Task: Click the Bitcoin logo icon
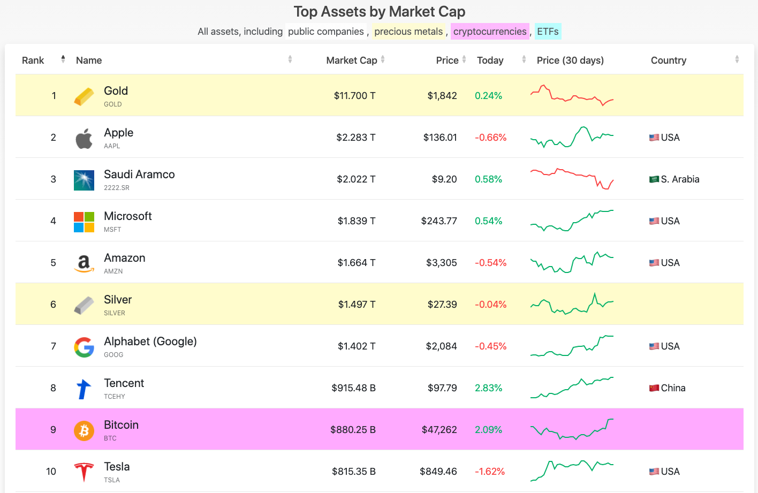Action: pos(84,430)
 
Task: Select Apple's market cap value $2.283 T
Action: pos(355,138)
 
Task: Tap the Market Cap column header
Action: pos(351,60)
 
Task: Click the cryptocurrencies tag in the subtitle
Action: pos(490,32)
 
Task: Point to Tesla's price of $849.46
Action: pos(438,472)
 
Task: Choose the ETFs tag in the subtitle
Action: pos(548,32)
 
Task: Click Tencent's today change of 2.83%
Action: pos(488,388)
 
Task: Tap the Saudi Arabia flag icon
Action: pos(654,179)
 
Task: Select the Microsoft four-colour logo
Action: pos(84,222)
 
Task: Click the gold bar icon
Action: pos(84,97)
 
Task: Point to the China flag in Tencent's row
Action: pos(654,388)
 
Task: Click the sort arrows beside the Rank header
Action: pos(63,59)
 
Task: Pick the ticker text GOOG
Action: pos(113,354)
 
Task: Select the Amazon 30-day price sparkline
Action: pos(572,262)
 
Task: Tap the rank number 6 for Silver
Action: pos(53,304)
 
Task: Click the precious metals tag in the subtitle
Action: pos(408,32)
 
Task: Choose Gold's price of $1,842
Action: pos(442,96)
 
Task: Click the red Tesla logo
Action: pos(84,472)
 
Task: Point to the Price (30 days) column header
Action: pos(570,60)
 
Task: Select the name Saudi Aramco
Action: pos(139,175)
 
